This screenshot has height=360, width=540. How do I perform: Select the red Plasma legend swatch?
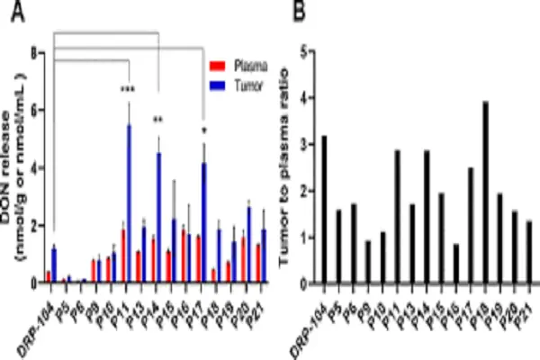[215, 66]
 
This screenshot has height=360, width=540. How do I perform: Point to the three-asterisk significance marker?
[128, 90]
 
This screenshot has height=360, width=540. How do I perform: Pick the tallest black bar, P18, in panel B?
[485, 193]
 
